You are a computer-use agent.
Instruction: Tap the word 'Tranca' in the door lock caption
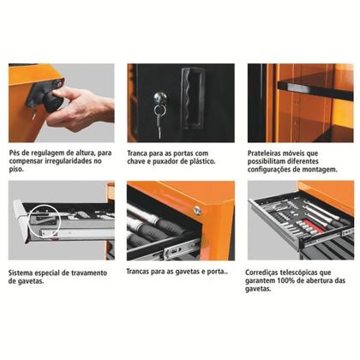(x=141, y=151)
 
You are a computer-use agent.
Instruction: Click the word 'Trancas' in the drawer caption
(x=142, y=273)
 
